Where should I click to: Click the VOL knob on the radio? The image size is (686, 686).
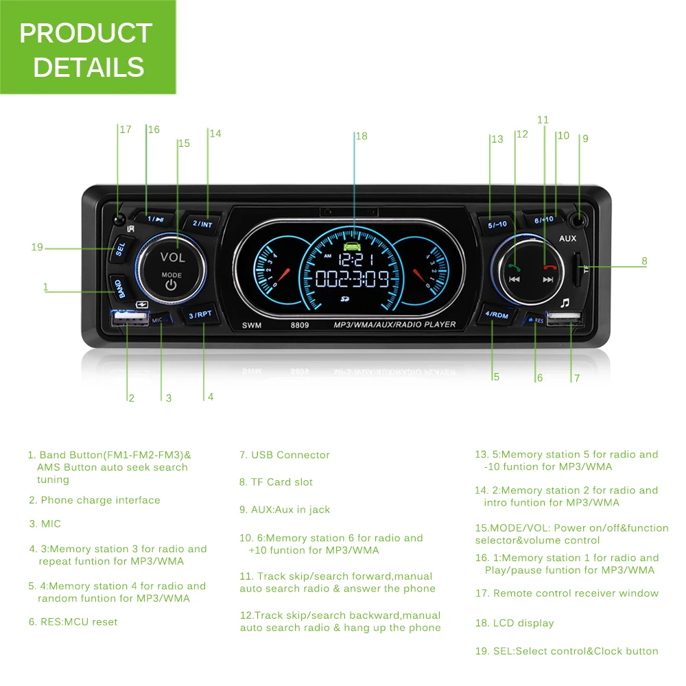pyautogui.click(x=171, y=268)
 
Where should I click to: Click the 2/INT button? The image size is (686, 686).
pyautogui.click(x=202, y=224)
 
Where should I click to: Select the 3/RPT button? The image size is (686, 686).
pyautogui.click(x=201, y=315)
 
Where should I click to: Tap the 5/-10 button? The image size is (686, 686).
pyautogui.click(x=497, y=224)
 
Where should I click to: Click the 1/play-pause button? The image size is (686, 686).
pyautogui.click(x=155, y=220)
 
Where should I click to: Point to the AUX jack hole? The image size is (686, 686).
pyautogui.click(x=580, y=220)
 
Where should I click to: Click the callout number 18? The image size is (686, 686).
pyautogui.click(x=362, y=137)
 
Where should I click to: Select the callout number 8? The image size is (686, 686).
pyautogui.click(x=644, y=261)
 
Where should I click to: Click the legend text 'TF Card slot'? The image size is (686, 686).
pyautogui.click(x=276, y=482)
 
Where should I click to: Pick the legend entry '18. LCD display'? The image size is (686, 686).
pyautogui.click(x=514, y=624)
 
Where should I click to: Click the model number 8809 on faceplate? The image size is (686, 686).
pyautogui.click(x=299, y=325)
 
